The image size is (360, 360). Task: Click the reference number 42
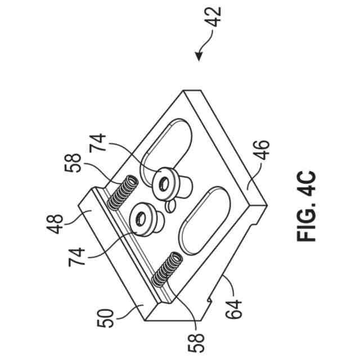214,17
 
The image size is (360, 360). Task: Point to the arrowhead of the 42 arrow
199,56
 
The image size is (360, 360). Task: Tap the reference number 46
261,150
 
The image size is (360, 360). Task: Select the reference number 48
55,224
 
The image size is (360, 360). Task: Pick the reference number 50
105,318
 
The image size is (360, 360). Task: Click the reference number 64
233,309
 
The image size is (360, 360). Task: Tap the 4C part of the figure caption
307,183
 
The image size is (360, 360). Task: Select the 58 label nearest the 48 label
73,163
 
